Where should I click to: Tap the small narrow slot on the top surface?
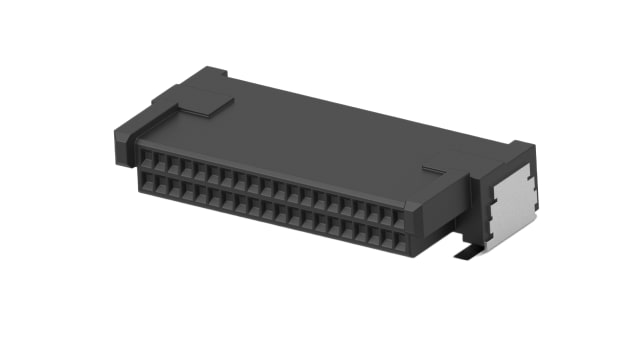(x=431, y=170)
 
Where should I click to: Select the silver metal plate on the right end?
(x=514, y=203)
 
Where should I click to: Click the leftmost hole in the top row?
(x=147, y=159)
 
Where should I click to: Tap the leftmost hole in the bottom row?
(x=147, y=183)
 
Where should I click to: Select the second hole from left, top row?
(x=160, y=162)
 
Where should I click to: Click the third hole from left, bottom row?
(x=173, y=189)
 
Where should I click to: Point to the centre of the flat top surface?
(x=320, y=130)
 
